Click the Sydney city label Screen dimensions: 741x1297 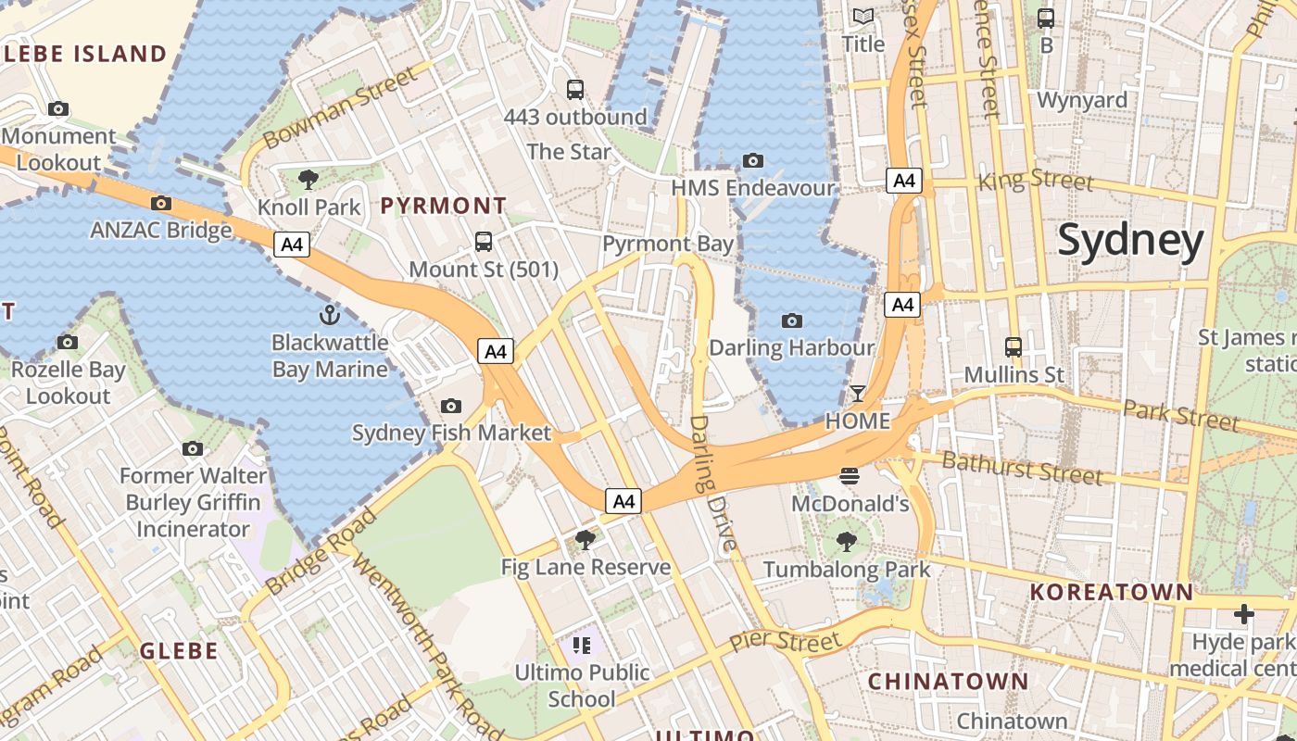coord(1130,240)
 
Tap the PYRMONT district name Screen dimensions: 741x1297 coord(444,206)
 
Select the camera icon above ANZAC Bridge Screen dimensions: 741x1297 coord(161,203)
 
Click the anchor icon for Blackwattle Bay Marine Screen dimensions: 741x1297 coord(329,314)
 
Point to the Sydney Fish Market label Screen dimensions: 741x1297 coord(451,433)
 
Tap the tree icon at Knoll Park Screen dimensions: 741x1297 coord(309,179)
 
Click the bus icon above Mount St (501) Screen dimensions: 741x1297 coord(484,242)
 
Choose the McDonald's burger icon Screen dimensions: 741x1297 coord(850,477)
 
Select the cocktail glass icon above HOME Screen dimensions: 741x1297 coord(858,394)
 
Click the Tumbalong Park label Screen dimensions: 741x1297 coord(846,569)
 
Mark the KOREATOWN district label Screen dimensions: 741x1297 coord(1112,591)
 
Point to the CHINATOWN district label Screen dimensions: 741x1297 coord(948,682)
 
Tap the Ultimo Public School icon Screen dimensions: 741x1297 coord(582,645)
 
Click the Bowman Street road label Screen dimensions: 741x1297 coord(341,105)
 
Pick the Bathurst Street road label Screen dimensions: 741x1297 coord(1022,469)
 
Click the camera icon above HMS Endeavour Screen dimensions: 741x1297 coord(753,160)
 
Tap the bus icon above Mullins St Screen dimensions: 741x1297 coord(1014,347)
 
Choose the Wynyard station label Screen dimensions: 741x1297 coord(1082,100)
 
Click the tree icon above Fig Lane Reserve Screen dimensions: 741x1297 coord(585,539)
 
